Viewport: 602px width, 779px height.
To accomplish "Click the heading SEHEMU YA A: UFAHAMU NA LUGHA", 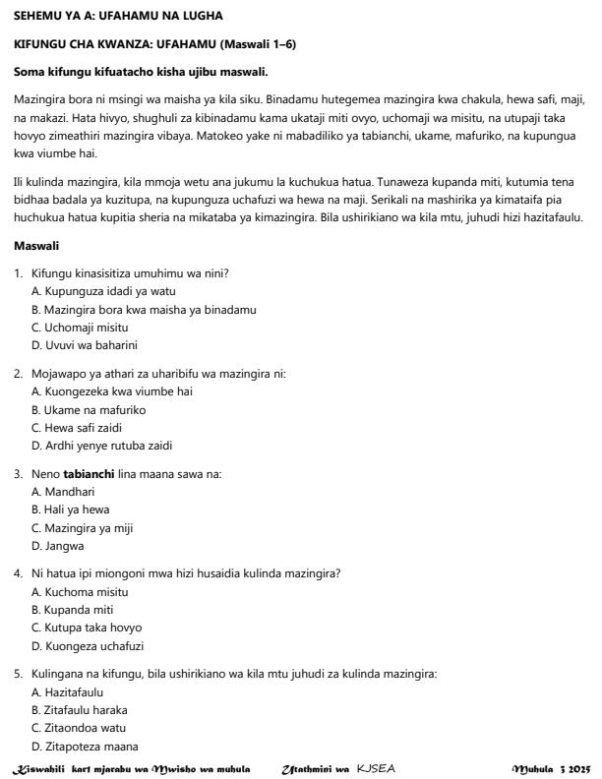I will [x=118, y=16].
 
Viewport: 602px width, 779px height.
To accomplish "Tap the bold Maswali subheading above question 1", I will [x=35, y=245].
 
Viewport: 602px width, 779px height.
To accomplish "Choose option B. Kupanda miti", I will [x=74, y=610].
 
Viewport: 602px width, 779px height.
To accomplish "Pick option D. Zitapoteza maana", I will [x=85, y=745].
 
